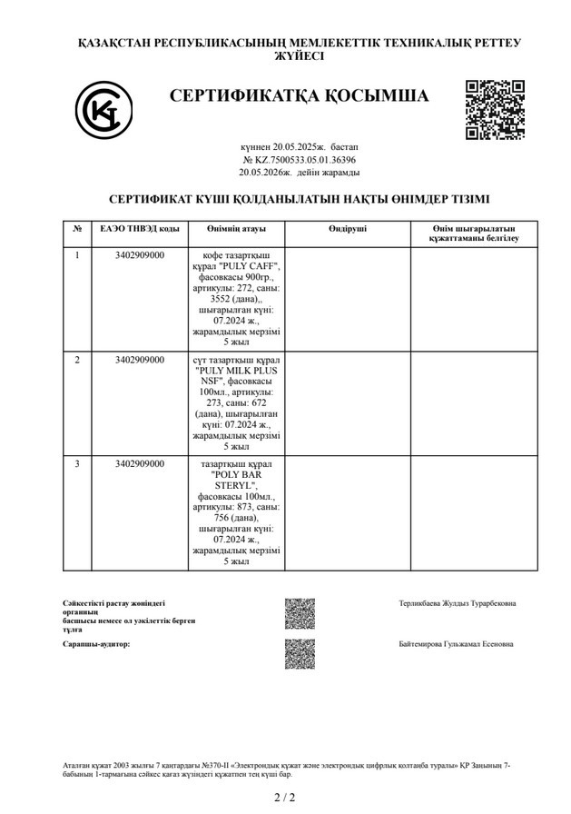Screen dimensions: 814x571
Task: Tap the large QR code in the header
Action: coord(495,110)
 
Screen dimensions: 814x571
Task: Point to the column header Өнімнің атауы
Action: coord(235,228)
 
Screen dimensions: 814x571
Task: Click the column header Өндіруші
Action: coord(348,228)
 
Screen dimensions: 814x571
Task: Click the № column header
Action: coord(77,228)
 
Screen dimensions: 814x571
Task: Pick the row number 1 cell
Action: coord(77,255)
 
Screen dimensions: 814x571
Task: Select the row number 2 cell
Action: coord(77,361)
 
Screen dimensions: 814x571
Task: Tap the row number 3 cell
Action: coord(77,464)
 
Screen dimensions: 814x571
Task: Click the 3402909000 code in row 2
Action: coord(140,361)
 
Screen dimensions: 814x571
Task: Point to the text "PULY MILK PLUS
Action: coord(235,372)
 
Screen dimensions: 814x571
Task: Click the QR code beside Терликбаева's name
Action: coord(300,613)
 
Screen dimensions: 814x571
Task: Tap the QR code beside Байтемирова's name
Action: coord(300,653)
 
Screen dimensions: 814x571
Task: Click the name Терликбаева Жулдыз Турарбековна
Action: coord(457,603)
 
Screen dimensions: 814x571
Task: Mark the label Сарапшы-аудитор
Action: coord(96,644)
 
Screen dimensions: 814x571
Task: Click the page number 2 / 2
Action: coord(285,798)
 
